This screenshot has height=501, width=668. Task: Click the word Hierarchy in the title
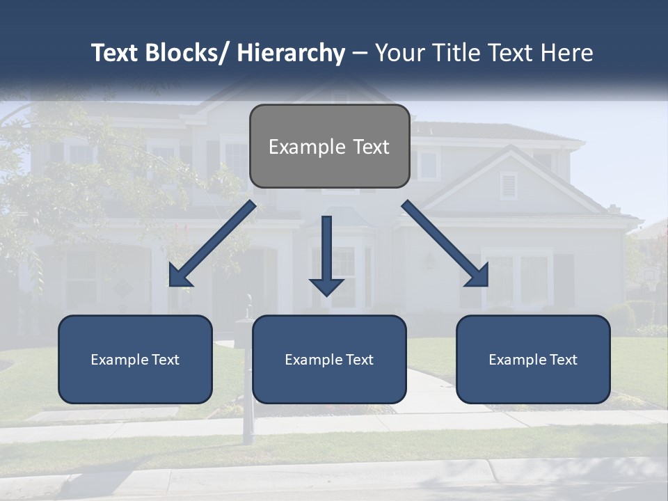click(291, 53)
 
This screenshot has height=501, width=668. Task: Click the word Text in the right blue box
click(562, 360)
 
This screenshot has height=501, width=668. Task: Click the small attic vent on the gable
click(509, 185)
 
